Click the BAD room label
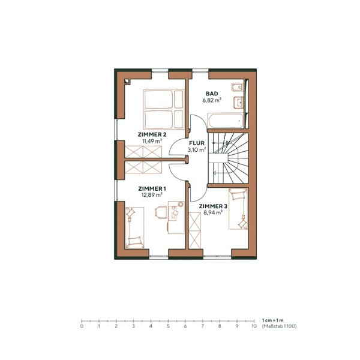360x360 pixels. pos(212,94)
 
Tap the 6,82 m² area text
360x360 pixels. pos(212,100)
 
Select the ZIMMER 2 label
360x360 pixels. pos(151,134)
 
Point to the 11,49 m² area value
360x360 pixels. pos(151,141)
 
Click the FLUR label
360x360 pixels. pos(197,144)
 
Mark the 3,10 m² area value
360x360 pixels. pos(197,151)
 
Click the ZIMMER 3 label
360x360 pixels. pos(213,206)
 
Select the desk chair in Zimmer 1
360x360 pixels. pos(161,211)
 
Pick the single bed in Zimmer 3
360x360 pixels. pos(239,208)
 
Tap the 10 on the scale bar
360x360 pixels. pos(254,326)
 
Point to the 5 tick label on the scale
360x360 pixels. pos(168,326)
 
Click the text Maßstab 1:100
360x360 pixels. pos(279,326)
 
